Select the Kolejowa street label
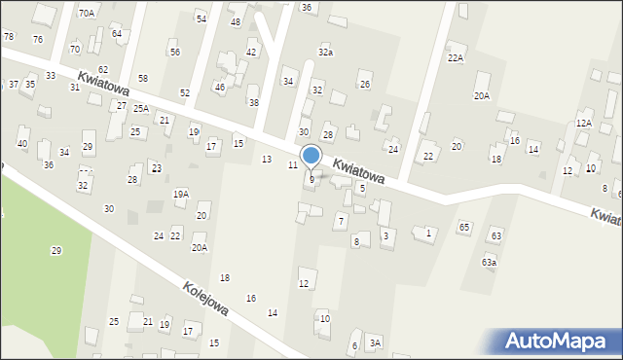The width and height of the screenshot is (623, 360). (205, 298)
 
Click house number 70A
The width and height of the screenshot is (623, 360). (87, 14)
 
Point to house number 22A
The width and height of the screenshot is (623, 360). (456, 58)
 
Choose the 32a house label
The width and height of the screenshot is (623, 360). (325, 52)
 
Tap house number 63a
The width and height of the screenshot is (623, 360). (489, 263)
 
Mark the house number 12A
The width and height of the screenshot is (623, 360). (583, 124)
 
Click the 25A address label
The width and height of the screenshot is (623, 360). (141, 108)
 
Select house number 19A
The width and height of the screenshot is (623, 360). (181, 195)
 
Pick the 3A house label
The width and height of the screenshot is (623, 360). (375, 342)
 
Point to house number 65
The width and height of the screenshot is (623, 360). (464, 227)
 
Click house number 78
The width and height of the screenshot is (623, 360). (9, 36)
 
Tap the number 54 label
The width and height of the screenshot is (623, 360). (202, 18)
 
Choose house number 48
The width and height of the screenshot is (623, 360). (236, 21)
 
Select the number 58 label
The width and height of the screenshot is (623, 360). (143, 77)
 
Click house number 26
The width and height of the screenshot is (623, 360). (365, 85)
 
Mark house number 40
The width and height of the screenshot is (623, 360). (22, 144)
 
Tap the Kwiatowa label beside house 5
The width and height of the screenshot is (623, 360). (357, 172)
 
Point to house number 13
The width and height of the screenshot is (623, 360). (267, 159)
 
